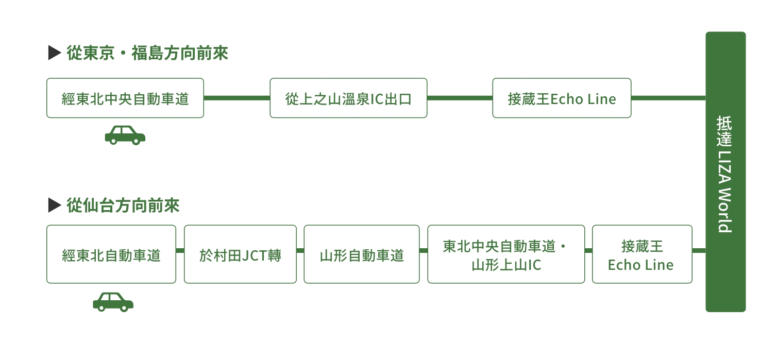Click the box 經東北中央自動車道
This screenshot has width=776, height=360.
pos(125,98)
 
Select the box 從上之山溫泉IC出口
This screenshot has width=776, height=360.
pos(348,98)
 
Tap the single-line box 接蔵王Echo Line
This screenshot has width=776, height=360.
pos(562,98)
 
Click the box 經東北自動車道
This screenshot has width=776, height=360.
pos(111,254)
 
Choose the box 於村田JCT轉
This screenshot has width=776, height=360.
pos(241,254)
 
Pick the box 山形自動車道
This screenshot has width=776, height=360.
pos(362,254)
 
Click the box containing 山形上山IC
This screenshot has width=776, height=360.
pos(506,254)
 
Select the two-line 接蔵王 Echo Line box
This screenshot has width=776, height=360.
pos(642,254)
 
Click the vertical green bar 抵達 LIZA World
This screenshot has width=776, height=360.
pos(726,172)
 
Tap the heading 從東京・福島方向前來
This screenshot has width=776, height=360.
pos(147,53)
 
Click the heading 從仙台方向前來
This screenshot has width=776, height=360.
pos(123,205)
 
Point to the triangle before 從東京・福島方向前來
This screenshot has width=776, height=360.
pos(55,53)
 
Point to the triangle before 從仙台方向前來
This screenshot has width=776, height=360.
pos(55,205)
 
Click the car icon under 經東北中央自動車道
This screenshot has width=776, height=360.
pos(125,135)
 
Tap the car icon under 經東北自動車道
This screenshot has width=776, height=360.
pos(113,302)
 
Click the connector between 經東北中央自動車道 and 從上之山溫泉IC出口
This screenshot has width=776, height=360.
pos(237,98)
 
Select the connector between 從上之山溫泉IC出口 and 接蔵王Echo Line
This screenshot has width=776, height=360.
pos(460,98)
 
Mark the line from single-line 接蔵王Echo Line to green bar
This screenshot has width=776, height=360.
pos(668,98)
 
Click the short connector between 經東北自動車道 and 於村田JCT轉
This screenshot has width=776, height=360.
pos(180,250)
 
